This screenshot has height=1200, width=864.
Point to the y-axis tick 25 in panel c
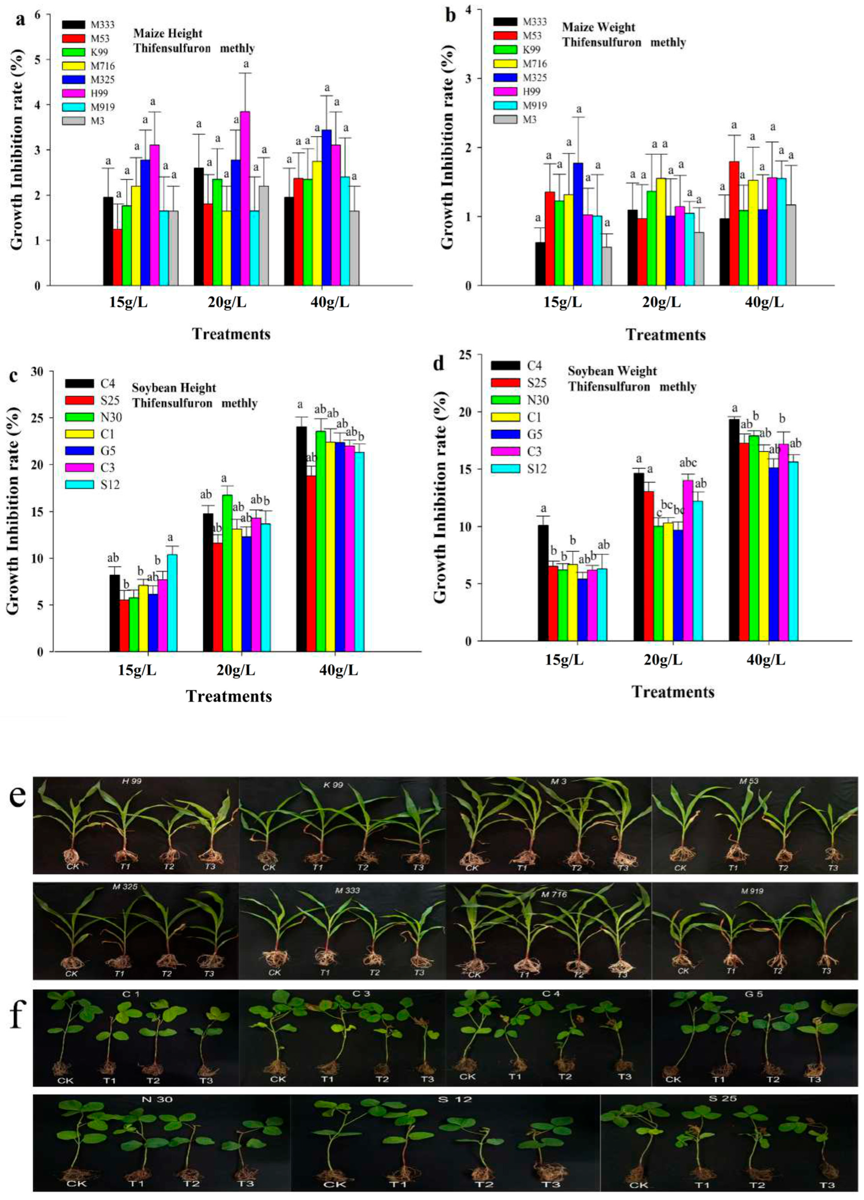click(x=38, y=418)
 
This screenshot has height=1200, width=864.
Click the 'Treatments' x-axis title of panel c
click(x=229, y=696)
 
